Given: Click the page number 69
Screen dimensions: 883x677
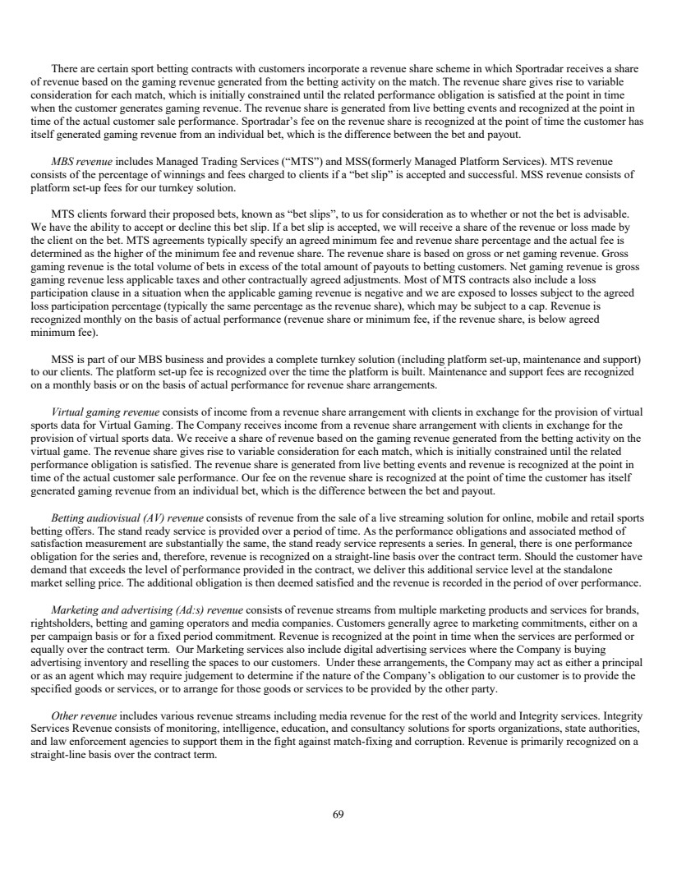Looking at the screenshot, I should pos(338,815).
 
